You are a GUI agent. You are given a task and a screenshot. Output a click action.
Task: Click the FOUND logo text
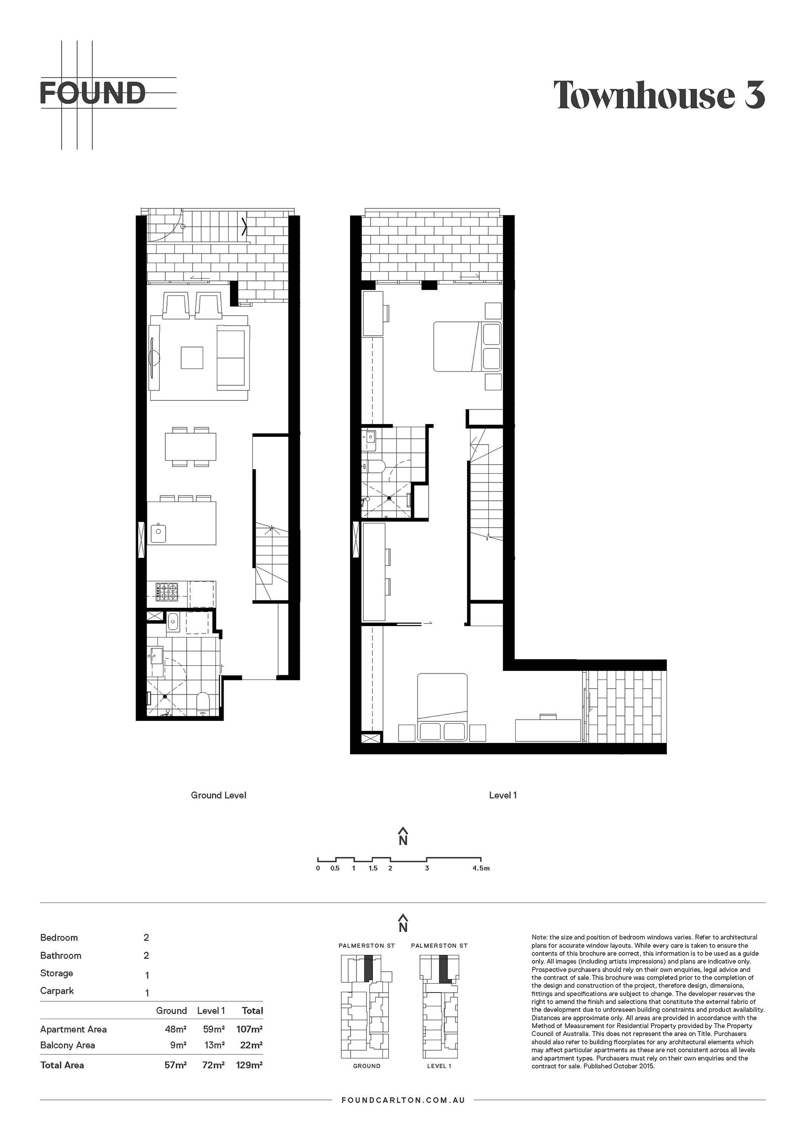[x=93, y=93]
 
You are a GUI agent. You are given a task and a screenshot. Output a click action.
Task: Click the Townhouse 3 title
[x=660, y=95]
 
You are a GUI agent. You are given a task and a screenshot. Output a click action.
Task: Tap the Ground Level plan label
[x=219, y=795]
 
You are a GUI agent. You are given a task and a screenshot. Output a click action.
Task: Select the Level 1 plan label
[x=503, y=795]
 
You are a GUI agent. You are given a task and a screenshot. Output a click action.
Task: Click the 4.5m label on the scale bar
[x=481, y=868]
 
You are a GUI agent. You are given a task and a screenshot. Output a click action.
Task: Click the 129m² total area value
[x=250, y=1065]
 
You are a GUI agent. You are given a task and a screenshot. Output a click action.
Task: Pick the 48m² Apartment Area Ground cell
[x=175, y=1029]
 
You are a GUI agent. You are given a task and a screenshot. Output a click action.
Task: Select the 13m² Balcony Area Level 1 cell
[x=214, y=1045]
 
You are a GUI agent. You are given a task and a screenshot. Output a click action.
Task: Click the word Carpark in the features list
[x=57, y=991]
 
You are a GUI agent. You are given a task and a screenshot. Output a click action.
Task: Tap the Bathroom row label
[x=61, y=956]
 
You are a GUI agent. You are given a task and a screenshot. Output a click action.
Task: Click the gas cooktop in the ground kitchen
[x=167, y=591]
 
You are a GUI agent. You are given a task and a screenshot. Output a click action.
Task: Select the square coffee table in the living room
[x=192, y=358]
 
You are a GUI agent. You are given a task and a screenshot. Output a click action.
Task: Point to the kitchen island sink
[x=158, y=533]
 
